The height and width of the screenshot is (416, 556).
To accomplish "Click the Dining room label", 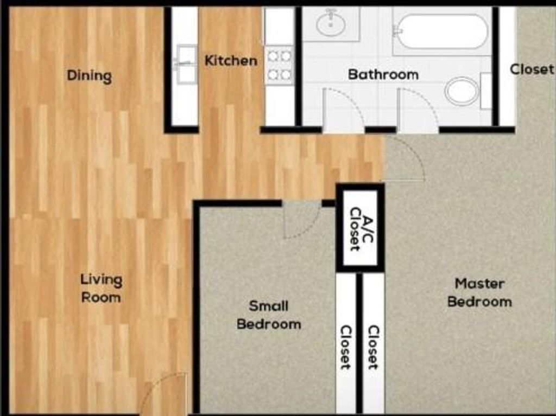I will tap(89, 75).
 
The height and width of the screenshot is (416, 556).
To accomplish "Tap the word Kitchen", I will tap(230, 61).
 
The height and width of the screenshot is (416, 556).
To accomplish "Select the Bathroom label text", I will tap(383, 74).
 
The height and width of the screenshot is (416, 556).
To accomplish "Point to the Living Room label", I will tap(101, 289).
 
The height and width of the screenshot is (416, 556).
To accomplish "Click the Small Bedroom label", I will tap(269, 315).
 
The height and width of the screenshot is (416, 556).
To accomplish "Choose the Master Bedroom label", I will tap(479, 292).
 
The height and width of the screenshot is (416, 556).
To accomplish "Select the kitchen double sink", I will tap(186, 64).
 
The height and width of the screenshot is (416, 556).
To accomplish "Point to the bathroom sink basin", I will tap(331, 24).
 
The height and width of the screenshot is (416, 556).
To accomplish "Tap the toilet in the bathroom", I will tap(462, 91).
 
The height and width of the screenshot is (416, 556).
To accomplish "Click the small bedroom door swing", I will tap(301, 220).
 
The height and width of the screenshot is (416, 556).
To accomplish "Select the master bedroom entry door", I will tap(405, 159).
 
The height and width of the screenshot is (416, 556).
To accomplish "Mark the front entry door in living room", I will tap(163, 393).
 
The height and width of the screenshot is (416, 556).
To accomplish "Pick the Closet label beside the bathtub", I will tap(532, 69).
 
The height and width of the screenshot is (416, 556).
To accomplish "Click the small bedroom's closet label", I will tap(345, 347).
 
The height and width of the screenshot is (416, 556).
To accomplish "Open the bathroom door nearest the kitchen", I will tap(343, 110).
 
